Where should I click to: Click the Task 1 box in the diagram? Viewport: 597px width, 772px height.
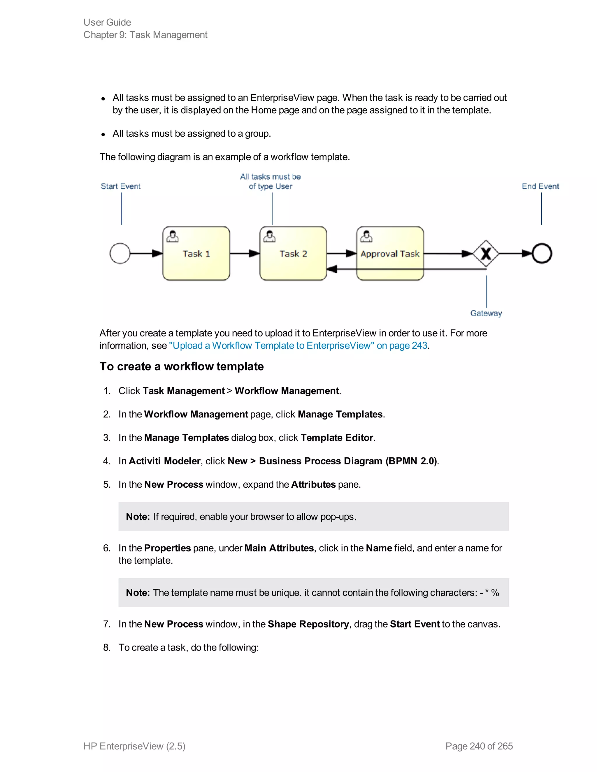tap(196, 253)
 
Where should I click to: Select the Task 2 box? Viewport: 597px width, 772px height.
tap(293, 253)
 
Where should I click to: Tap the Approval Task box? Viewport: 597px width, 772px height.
tap(390, 253)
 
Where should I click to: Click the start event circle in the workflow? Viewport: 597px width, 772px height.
tap(120, 253)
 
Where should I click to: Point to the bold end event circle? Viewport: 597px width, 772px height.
tap(542, 253)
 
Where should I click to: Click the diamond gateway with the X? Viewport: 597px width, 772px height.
tap(486, 253)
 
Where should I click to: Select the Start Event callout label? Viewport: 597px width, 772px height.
tap(121, 186)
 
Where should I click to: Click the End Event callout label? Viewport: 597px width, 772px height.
tap(540, 186)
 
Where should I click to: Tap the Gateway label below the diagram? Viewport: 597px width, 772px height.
tap(486, 313)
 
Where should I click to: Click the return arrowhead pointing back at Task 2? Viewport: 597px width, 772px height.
tap(332, 269)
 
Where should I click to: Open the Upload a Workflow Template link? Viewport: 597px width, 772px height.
tap(298, 345)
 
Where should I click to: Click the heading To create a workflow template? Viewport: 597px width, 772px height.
tap(181, 366)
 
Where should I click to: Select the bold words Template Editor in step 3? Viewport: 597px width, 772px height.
tap(337, 438)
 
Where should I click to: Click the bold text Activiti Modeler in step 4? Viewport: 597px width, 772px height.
tap(164, 461)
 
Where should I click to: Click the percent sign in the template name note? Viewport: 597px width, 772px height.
tap(495, 593)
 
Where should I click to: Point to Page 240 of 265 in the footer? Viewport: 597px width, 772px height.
tap(479, 746)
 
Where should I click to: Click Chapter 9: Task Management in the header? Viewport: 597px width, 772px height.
tap(145, 35)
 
